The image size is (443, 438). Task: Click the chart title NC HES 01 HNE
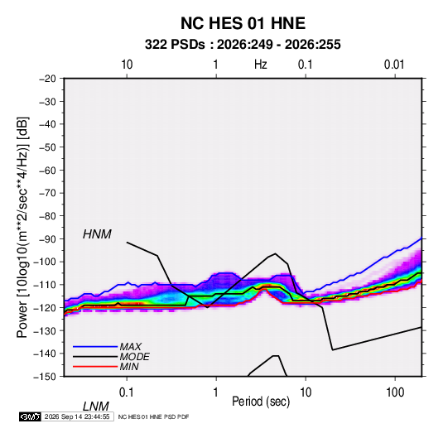pos(243,23)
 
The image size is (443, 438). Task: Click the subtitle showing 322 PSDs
pos(243,45)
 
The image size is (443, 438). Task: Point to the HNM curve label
pos(97,234)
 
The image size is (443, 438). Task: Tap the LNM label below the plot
pos(95,407)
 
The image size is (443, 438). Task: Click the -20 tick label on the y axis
pos(47,79)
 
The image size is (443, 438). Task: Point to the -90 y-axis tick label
pos(47,238)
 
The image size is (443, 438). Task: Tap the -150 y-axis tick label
pos(45,377)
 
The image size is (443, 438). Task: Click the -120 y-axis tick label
pos(45,307)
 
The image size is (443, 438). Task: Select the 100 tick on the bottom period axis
pos(395,392)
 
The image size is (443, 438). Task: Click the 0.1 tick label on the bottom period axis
pos(127,392)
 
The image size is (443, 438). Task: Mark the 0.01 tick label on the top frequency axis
pos(394,65)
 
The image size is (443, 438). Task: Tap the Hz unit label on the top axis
pos(261,65)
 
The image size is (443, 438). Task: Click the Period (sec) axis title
pos(261,402)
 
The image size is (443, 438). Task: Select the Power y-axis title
pos(22,227)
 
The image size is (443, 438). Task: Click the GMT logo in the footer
pos(31,416)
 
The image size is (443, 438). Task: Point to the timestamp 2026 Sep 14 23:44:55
pos(77,416)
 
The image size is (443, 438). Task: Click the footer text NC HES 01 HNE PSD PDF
pos(153,416)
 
